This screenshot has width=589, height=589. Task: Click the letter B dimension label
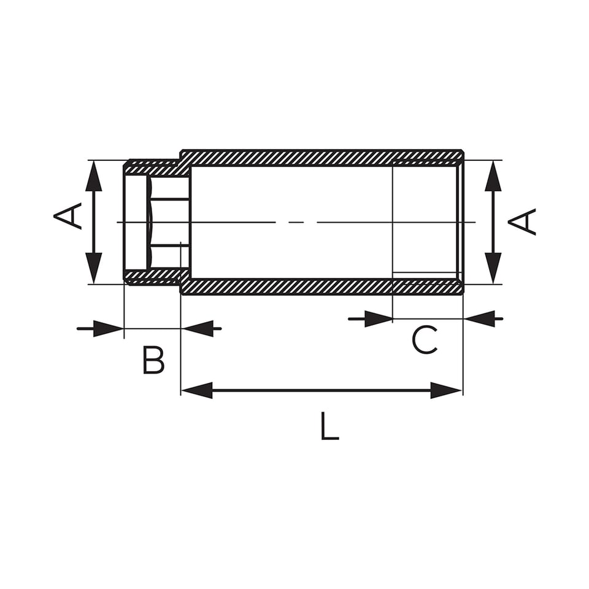click(x=153, y=360)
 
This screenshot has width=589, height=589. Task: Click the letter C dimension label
click(x=425, y=340)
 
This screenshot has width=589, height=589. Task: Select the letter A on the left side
click(x=67, y=215)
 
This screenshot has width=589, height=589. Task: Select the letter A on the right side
click(x=522, y=222)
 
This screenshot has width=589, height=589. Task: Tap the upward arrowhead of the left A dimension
click(x=94, y=176)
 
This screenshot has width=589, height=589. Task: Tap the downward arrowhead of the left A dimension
click(x=94, y=268)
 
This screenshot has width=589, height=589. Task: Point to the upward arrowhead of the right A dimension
click(x=493, y=176)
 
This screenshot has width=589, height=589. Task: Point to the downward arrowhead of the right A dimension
click(x=493, y=268)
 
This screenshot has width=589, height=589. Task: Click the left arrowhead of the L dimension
click(x=197, y=391)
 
